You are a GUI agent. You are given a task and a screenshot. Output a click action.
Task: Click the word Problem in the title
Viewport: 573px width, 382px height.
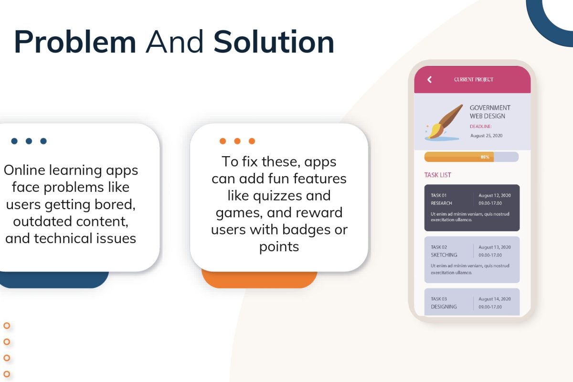click(x=75, y=42)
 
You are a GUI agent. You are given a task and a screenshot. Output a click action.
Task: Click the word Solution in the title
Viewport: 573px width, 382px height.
click(x=274, y=42)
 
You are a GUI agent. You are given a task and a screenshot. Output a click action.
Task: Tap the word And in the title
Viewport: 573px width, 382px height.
click(x=174, y=42)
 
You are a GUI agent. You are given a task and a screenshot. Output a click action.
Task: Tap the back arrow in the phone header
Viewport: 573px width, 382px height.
click(x=429, y=80)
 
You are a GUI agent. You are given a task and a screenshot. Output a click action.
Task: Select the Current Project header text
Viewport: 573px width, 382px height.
click(x=474, y=80)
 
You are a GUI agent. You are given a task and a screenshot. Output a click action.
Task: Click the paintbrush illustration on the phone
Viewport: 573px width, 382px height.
click(x=444, y=122)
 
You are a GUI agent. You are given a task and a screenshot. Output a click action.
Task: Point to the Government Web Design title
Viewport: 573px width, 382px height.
click(x=490, y=112)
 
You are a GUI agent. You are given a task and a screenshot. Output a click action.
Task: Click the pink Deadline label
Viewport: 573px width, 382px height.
click(x=481, y=127)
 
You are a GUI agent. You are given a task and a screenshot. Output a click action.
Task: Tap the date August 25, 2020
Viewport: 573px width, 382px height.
click(x=486, y=136)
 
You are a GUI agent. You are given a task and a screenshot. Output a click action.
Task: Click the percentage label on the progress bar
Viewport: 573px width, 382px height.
click(x=485, y=157)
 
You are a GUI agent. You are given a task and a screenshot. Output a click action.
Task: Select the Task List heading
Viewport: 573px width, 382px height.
click(x=438, y=175)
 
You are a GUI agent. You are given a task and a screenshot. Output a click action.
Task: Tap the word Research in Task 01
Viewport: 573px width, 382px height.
click(x=441, y=203)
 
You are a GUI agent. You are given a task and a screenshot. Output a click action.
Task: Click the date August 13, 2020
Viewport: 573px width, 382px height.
click(x=495, y=247)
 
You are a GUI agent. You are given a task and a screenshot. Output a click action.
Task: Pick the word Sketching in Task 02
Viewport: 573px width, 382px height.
click(x=444, y=255)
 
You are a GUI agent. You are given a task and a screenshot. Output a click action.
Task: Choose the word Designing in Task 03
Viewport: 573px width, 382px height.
click(x=444, y=307)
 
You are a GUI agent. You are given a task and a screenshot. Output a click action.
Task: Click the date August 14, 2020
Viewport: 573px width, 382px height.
click(x=495, y=299)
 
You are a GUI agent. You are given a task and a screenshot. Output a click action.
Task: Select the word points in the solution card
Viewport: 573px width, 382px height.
click(x=279, y=247)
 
